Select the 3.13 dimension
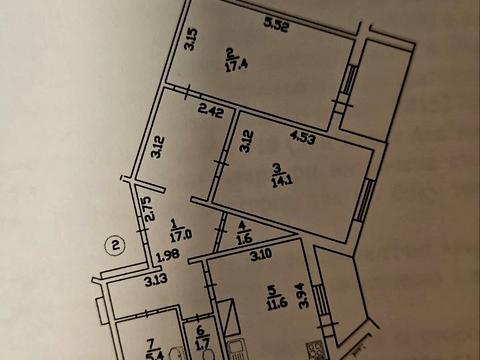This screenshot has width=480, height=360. (x=155, y=283)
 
